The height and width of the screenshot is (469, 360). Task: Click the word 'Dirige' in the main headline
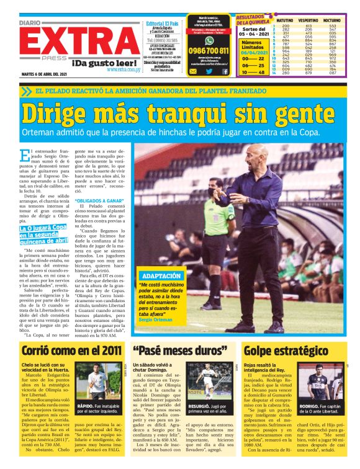point(61,114)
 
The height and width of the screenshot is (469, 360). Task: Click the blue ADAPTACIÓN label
point(161,275)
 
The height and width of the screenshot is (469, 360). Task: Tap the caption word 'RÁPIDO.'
point(88,406)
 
